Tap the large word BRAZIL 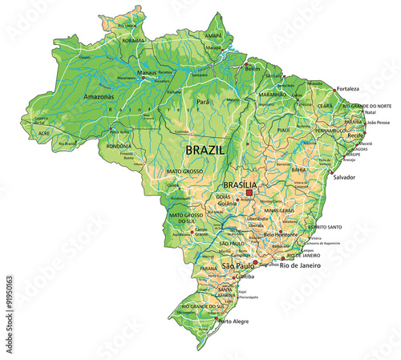tap(206, 150)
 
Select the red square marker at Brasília tap(249, 193)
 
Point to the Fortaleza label tap(348, 88)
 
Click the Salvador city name tap(343, 177)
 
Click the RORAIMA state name tap(133, 40)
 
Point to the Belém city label tap(253, 69)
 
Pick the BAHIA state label tap(298, 170)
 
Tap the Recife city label tap(356, 136)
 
